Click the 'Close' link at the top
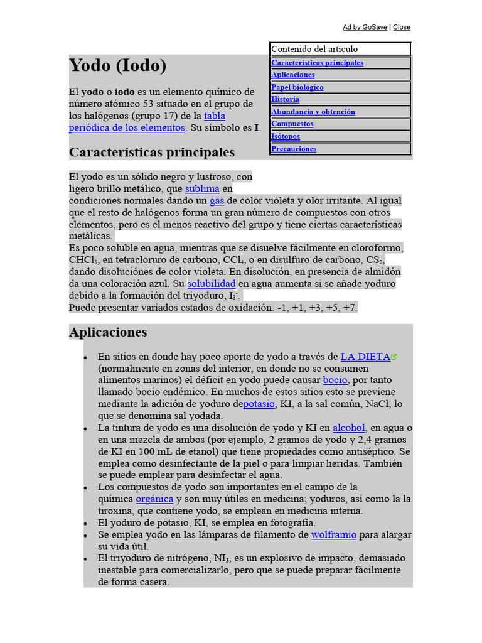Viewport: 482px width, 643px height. tap(402, 27)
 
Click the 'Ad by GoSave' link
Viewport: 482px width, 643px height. tap(365, 27)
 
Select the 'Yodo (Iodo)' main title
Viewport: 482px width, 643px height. tap(117, 65)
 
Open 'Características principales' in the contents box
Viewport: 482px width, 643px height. tap(317, 63)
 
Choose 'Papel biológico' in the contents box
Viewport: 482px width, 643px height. tap(297, 87)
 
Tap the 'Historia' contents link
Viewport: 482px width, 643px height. tap(286, 99)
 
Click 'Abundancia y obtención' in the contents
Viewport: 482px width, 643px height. tap(313, 112)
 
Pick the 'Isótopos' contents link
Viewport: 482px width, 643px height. tap(286, 136)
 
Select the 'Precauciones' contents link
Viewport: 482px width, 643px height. tap(294, 149)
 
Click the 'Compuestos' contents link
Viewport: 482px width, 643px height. tap(292, 124)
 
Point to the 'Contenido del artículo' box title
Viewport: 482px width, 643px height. tap(314, 49)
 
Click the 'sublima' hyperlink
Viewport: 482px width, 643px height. tap(202, 188)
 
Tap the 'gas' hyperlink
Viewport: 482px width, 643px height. tap(217, 200)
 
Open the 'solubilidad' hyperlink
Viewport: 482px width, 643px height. tap(212, 283)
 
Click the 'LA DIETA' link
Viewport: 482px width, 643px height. tap(365, 356)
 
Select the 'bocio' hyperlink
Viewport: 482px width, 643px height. tap(335, 380)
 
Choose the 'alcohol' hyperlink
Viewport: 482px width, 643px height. tap(349, 428)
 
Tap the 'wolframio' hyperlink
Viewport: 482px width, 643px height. tap(334, 535)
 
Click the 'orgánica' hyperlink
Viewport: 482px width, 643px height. tap(154, 499)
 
